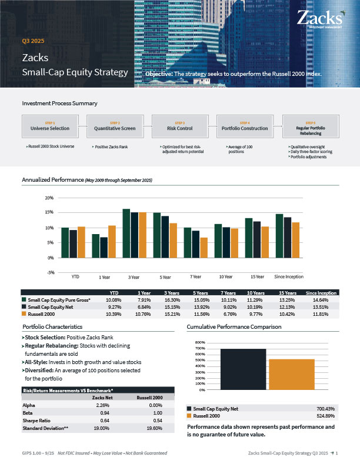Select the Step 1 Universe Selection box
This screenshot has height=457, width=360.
click(x=50, y=126)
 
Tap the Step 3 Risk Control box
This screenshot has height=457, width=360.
click(x=180, y=126)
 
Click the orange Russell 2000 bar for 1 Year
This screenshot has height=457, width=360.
click(x=112, y=241)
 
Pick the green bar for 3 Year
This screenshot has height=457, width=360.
click(x=126, y=233)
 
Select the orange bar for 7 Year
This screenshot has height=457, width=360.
click(x=204, y=247)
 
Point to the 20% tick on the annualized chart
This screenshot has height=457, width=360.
click(x=50, y=198)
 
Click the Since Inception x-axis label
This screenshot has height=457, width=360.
click(x=289, y=276)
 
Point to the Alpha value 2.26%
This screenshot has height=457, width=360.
click(x=102, y=405)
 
